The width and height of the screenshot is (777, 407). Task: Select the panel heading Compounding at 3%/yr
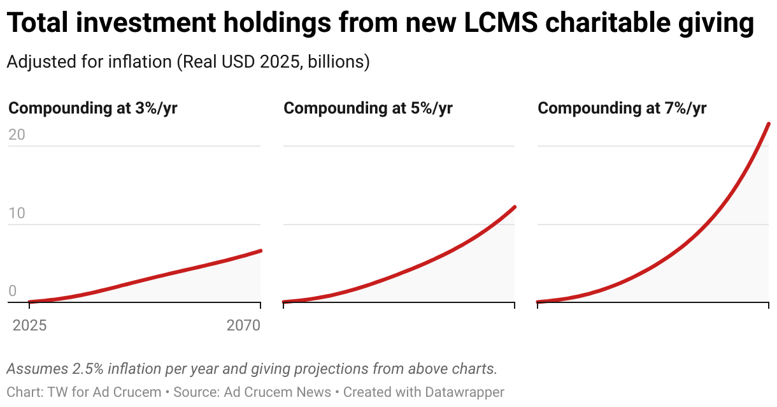93,108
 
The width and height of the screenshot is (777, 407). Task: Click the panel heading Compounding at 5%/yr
368,108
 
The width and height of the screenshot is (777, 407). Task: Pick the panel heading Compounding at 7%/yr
622,108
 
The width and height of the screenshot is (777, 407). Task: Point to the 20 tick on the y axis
17,135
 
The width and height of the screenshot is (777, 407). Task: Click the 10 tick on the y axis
17,213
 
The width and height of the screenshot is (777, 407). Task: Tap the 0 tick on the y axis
13,292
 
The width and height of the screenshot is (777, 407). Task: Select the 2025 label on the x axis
29,326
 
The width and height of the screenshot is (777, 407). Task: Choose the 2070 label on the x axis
243,326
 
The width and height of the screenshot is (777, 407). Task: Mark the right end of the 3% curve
260,251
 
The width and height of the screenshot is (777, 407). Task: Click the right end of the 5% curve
515,207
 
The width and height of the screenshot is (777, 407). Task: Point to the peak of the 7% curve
769,124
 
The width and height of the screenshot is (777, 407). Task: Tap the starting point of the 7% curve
538,302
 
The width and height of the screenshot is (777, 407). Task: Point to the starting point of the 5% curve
284,302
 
